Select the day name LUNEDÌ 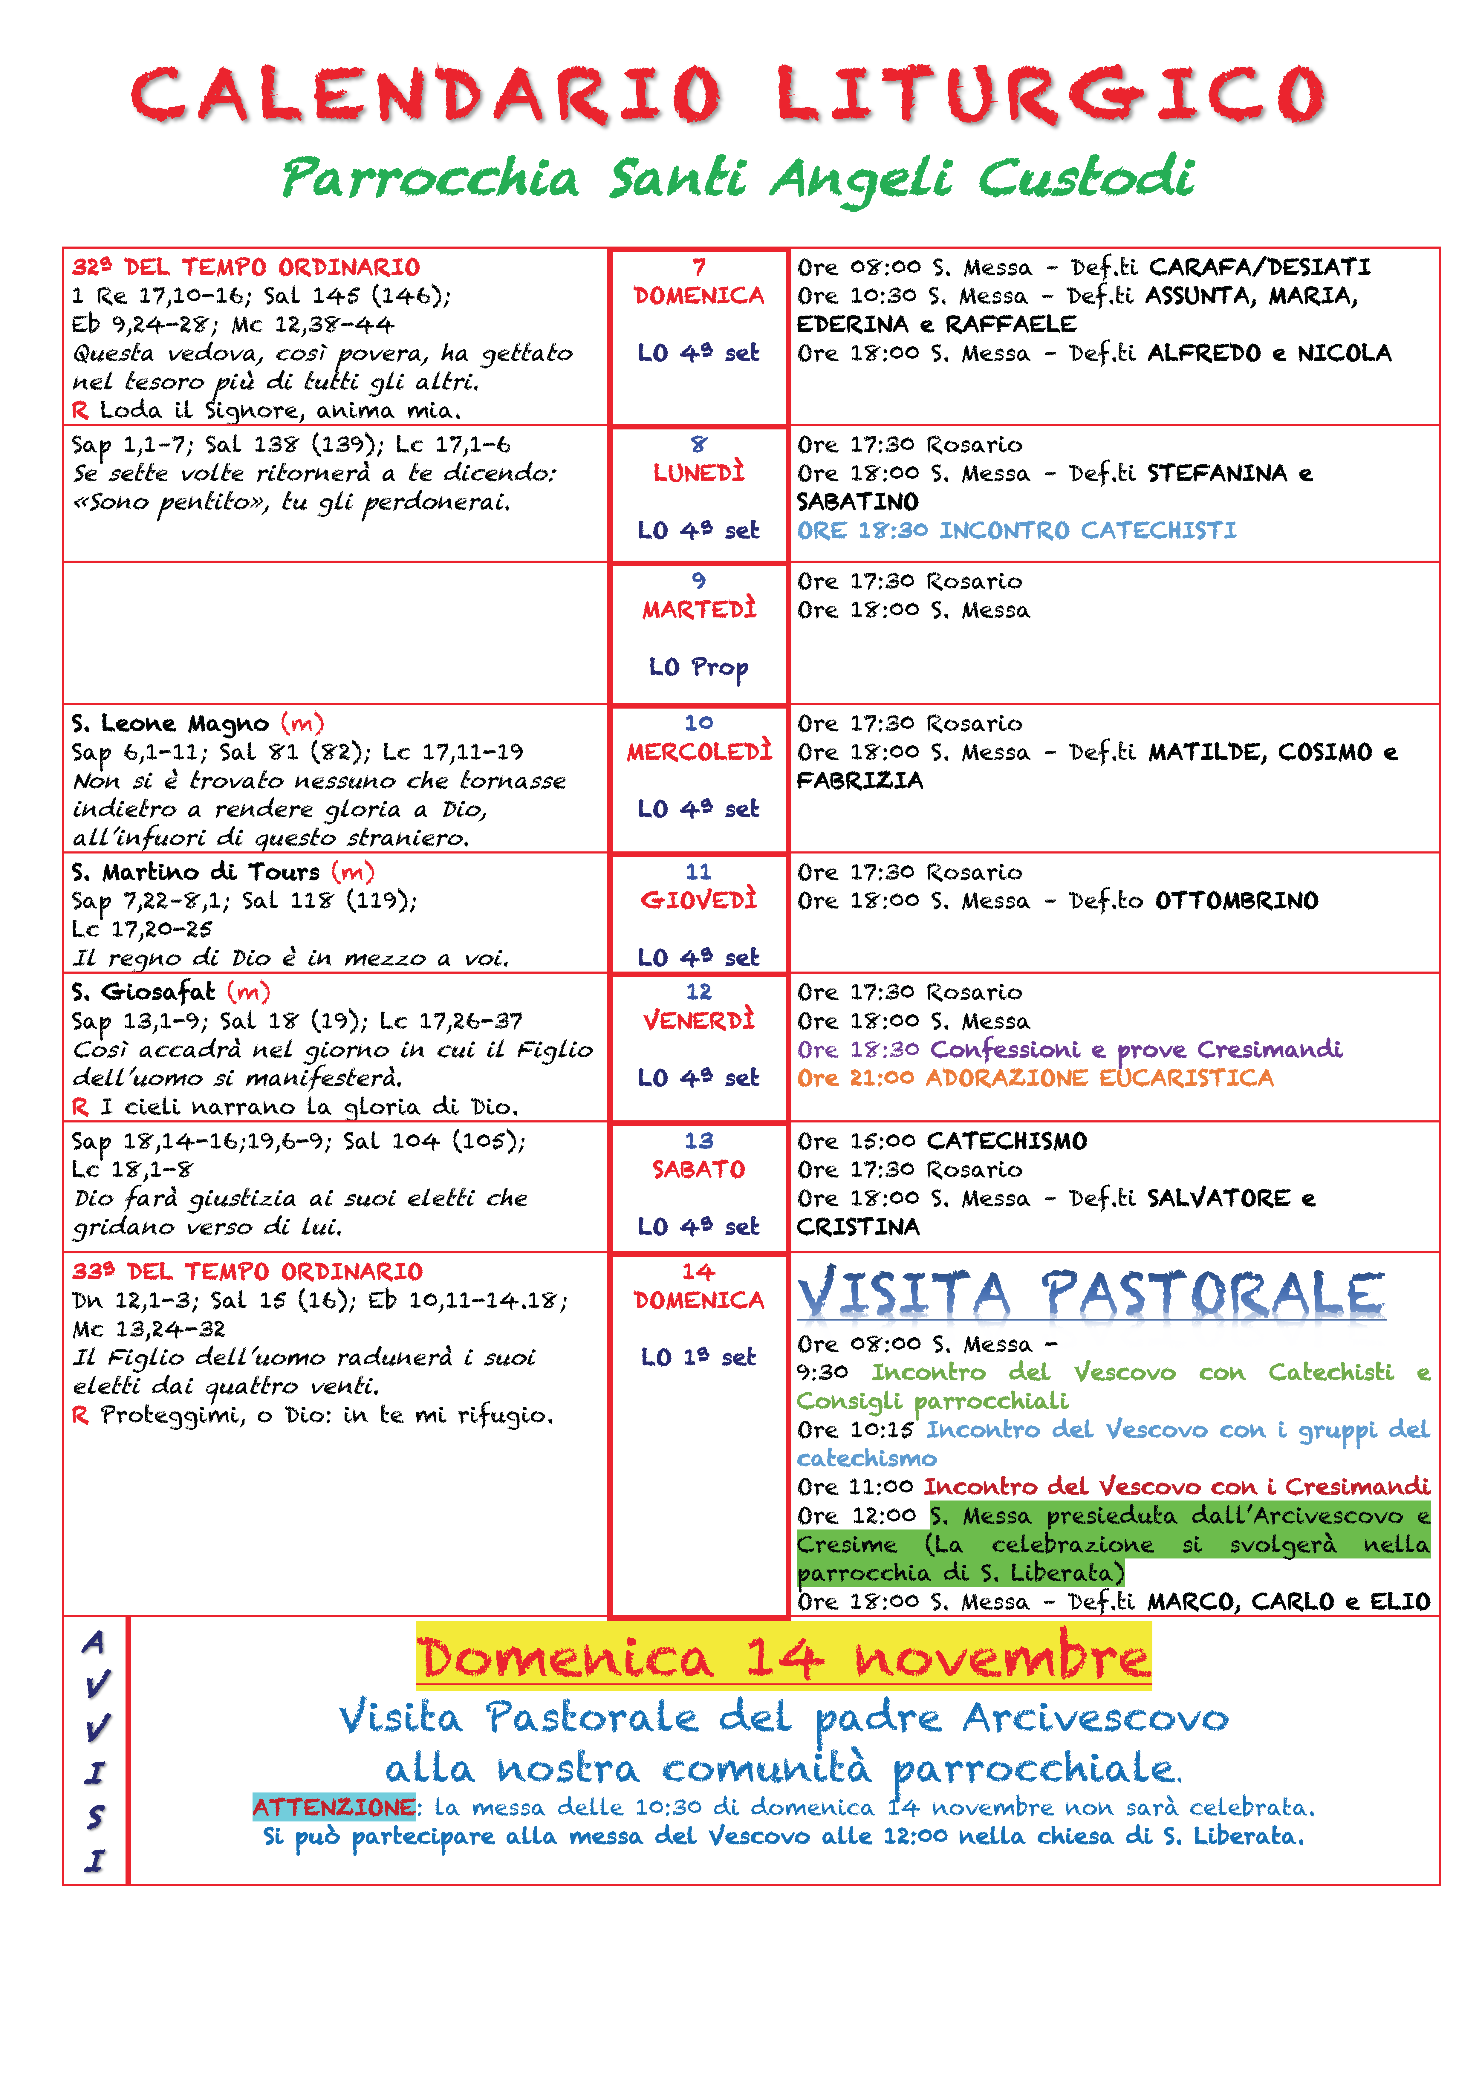click(x=698, y=473)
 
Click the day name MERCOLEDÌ click(x=698, y=752)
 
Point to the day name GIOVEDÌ click(x=698, y=900)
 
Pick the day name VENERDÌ click(x=698, y=1020)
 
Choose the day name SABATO click(x=698, y=1169)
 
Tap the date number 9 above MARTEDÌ click(x=698, y=581)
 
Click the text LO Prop click(x=698, y=668)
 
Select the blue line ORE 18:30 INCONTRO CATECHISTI click(x=1016, y=531)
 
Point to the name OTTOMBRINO click(x=1236, y=900)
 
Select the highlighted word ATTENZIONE click(x=334, y=1807)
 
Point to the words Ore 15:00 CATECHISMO click(x=941, y=1141)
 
